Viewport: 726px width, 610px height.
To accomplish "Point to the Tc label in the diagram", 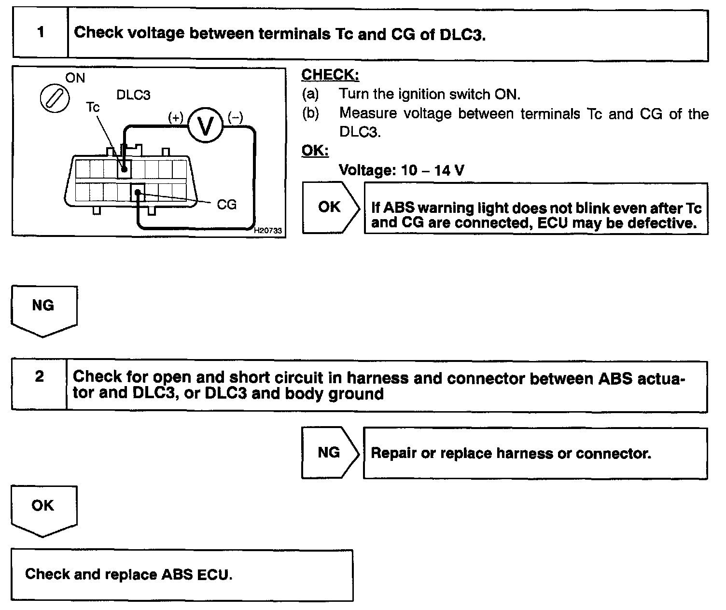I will tap(93, 107).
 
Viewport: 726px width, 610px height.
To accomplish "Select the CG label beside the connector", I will tap(226, 205).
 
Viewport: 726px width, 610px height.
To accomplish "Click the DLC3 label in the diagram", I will tap(133, 95).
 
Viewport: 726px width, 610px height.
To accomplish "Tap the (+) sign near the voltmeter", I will tap(176, 117).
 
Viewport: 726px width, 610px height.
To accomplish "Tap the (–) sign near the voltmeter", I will tap(235, 117).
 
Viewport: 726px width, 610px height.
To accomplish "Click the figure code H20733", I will tap(268, 231).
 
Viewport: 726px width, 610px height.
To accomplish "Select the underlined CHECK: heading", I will tap(330, 75).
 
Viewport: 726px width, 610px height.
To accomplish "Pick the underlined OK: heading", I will tap(315, 151).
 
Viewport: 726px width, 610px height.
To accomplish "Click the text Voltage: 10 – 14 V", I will tap(402, 170).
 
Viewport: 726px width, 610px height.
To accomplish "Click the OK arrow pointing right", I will tap(330, 207).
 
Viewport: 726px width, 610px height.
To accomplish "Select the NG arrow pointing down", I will tap(43, 309).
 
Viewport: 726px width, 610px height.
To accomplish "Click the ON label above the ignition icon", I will tap(75, 78).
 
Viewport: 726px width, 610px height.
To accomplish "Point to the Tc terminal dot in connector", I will tap(125, 169).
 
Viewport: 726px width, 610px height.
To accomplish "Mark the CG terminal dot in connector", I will tap(138, 193).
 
